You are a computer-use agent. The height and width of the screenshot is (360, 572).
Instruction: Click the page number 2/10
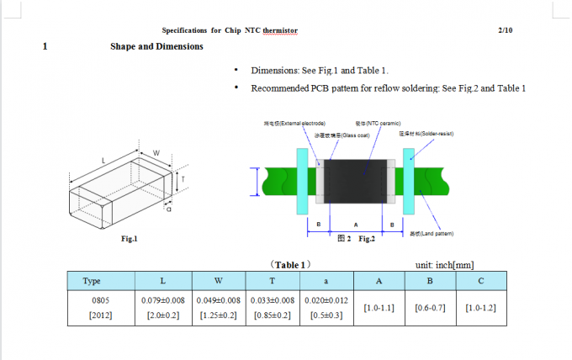pos(506,30)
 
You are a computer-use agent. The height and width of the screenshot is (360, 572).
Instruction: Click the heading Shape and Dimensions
pos(156,46)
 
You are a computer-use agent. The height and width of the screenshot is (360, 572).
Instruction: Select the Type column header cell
pos(93,281)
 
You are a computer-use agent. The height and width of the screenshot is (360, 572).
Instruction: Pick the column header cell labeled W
pos(218,281)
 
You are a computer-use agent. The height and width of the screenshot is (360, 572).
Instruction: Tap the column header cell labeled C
pos(480,281)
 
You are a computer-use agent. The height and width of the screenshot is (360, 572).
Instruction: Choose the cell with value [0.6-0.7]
pos(430,308)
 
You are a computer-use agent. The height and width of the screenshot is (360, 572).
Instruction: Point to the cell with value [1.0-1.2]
pos(480,308)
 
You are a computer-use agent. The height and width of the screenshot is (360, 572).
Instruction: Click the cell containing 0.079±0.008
pos(162,300)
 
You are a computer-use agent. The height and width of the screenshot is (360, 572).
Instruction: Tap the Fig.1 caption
pos(129,239)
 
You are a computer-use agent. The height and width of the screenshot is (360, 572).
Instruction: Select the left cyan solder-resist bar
pos(302,180)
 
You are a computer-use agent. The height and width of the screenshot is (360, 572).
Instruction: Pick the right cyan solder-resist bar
pos(409,180)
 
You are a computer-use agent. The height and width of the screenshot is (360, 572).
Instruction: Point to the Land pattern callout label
pos(431,234)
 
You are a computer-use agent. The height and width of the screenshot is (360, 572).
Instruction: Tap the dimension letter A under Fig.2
pos(356,224)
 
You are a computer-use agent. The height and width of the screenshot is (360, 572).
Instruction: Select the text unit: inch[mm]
pos(445,265)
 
